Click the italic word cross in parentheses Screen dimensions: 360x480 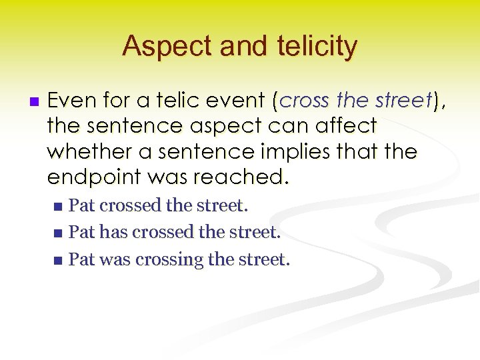coord(305,101)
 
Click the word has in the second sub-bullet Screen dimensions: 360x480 coord(113,233)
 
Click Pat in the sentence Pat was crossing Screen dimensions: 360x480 coord(81,259)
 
